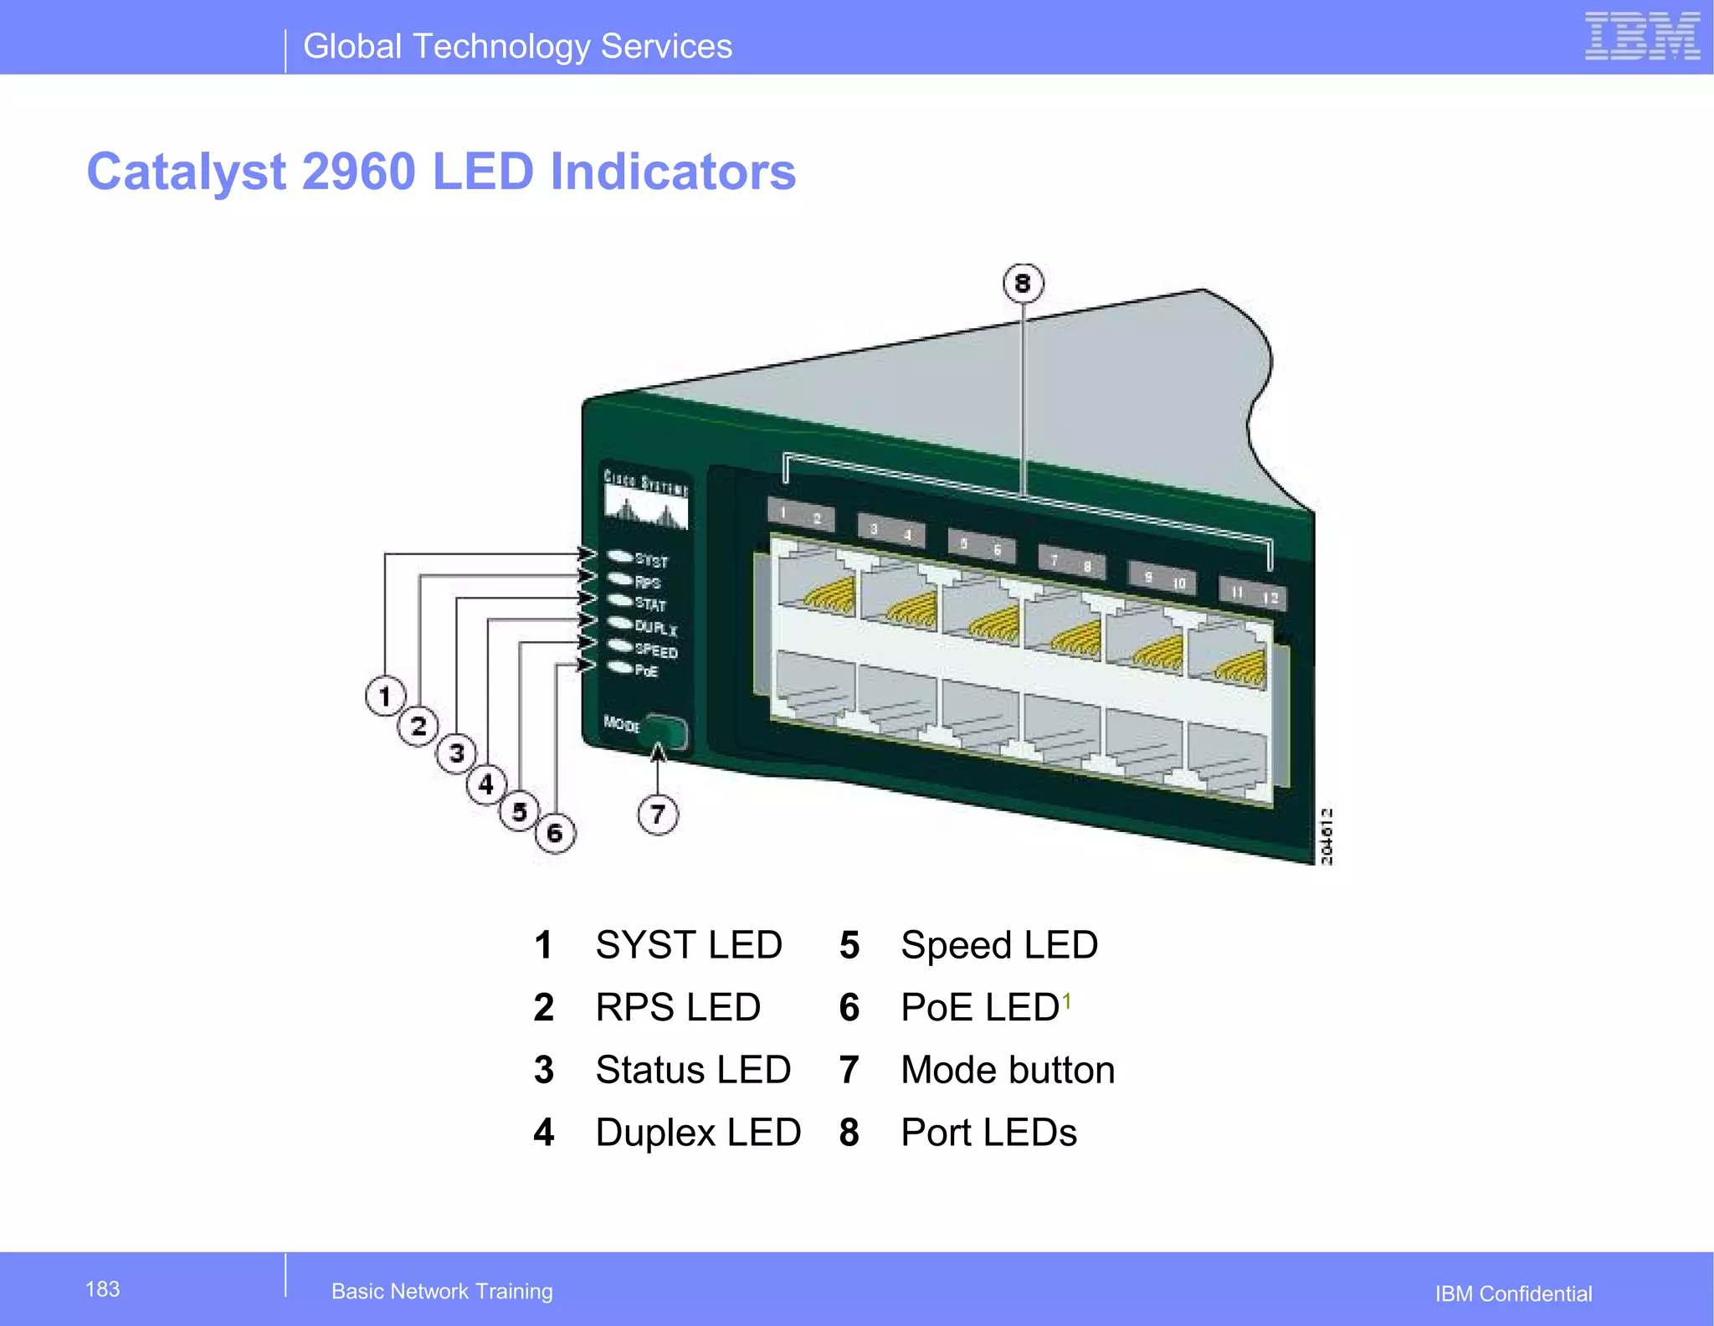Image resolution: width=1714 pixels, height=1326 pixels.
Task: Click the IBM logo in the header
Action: point(1642,37)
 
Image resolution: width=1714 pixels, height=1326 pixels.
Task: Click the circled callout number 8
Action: point(1023,284)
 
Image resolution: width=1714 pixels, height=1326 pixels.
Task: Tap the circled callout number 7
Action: point(658,814)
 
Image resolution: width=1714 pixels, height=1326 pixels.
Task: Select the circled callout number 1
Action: point(385,696)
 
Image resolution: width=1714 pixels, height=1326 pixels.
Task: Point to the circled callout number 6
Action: point(555,833)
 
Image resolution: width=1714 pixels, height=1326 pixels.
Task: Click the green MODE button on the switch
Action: point(667,732)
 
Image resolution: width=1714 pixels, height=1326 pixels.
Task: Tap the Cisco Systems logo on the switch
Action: point(646,500)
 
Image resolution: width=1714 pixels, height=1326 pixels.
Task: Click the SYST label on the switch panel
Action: point(651,560)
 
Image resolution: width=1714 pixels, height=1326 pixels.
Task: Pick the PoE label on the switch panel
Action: point(646,671)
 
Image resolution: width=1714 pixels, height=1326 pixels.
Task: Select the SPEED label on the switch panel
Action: point(656,650)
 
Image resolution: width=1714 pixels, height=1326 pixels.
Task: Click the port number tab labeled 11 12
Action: point(1253,594)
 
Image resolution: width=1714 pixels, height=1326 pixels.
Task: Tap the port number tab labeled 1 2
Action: point(800,515)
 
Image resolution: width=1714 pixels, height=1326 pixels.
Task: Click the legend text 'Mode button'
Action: point(1008,1070)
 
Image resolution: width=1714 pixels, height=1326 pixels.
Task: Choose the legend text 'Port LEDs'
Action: point(988,1133)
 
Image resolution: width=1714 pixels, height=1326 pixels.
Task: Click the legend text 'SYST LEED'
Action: point(689,945)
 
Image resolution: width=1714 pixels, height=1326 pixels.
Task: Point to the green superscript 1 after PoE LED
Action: point(1067,1000)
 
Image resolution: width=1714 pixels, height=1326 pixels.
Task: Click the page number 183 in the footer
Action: point(103,1289)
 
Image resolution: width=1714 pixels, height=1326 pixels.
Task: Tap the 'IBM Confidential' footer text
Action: point(1513,1294)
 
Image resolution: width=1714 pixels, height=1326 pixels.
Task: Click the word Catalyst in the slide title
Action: point(187,172)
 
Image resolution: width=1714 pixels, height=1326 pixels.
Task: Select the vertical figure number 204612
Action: point(1327,835)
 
